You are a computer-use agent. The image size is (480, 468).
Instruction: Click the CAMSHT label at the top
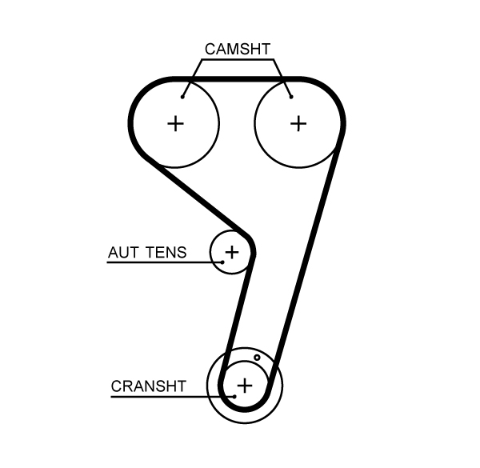[238, 49]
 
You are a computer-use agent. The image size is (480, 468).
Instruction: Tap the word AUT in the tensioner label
[122, 253]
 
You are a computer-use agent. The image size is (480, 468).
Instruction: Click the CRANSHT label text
[149, 386]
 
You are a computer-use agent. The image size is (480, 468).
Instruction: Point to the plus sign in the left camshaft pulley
[175, 123]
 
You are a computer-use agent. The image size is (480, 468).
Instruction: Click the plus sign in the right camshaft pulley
[298, 123]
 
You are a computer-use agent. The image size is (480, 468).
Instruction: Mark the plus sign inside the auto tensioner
[231, 252]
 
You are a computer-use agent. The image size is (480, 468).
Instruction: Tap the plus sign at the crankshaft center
[245, 385]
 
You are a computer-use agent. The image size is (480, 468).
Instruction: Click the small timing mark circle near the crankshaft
[257, 358]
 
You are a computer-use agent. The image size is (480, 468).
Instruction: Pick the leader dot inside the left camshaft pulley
[183, 97]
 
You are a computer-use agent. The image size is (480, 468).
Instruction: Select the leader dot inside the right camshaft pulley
[291, 97]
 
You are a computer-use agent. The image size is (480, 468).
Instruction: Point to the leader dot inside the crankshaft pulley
[234, 394]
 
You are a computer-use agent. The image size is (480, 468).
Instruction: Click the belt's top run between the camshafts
[238, 79]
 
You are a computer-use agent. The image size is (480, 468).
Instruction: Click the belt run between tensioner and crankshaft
[237, 312]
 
